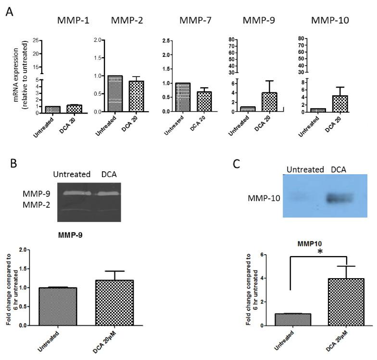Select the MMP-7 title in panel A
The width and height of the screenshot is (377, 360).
point(192,21)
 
